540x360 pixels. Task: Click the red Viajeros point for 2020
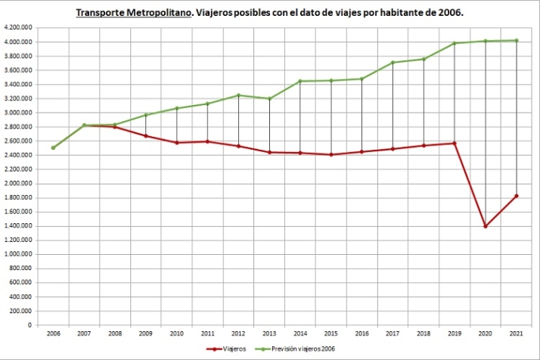pos(485,226)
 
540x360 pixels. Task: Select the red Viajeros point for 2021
pos(516,196)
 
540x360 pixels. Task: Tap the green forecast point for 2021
pos(516,40)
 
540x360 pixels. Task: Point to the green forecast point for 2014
pos(300,81)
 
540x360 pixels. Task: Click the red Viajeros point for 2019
pos(454,143)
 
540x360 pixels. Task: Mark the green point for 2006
pos(53,147)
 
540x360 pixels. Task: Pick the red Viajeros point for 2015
pos(331,154)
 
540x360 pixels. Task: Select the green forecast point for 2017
pos(393,63)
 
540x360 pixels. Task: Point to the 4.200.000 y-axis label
pos(17,27)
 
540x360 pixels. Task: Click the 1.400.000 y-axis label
pos(17,226)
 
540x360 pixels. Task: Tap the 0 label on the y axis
pos(29,325)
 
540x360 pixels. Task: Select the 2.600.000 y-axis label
pos(17,141)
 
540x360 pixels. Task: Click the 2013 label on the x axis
pos(269,333)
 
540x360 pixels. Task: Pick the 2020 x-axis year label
pos(485,333)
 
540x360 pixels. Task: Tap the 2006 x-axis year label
pos(53,333)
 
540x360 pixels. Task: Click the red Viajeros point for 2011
pos(207,141)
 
